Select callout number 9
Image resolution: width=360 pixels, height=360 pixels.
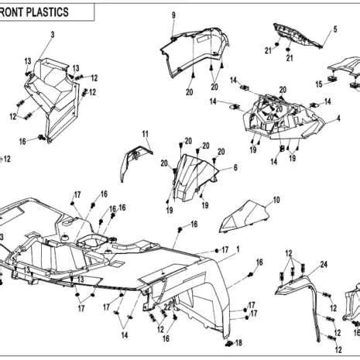point(173,15)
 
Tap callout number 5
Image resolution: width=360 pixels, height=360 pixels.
point(335,29)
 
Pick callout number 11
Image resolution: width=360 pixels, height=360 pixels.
point(144,134)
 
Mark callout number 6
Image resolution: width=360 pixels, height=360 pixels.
point(235,168)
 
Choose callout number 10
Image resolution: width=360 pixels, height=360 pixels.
point(277,200)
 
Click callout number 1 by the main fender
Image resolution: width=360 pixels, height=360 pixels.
point(238,248)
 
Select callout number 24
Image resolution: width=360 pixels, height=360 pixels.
point(324,264)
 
